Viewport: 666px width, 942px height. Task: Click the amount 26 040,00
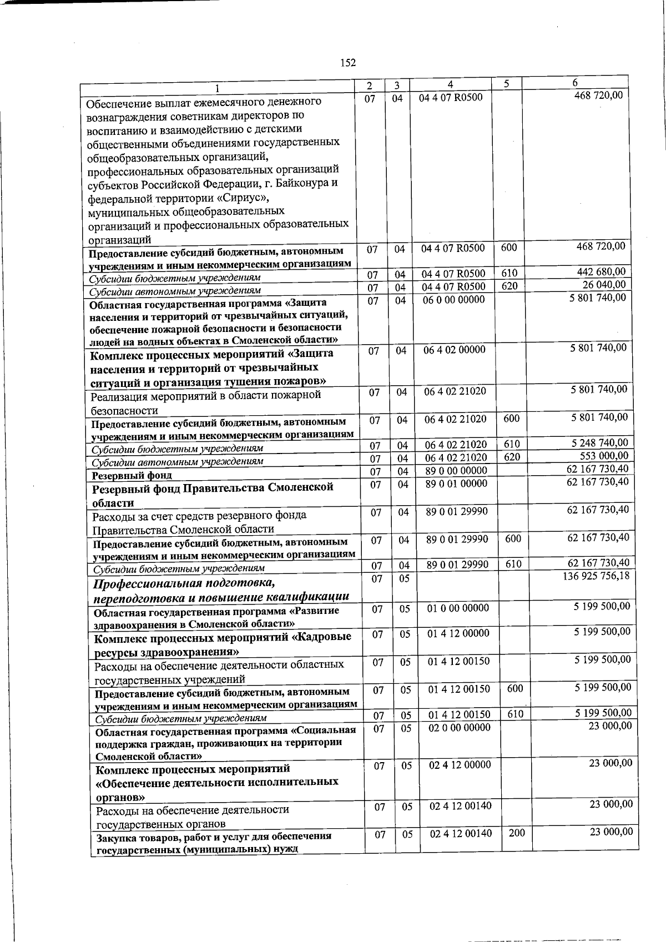pos(604,285)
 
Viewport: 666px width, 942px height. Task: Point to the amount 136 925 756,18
pos(596,576)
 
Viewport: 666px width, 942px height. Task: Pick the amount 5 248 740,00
pos(600,443)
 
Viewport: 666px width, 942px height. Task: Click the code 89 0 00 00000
pos(456,471)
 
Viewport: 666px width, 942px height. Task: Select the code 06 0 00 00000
pos(453,299)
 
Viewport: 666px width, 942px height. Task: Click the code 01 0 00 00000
pos(458,608)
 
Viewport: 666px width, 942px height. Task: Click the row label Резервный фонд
pos(132,475)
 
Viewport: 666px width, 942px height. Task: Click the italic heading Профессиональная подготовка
pos(184,583)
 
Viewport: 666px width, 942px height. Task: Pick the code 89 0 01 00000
pos(456,483)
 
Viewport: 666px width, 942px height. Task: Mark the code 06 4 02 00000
pos(455,349)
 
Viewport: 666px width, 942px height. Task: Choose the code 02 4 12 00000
pos(460,765)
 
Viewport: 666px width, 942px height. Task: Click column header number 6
pos(575,83)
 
